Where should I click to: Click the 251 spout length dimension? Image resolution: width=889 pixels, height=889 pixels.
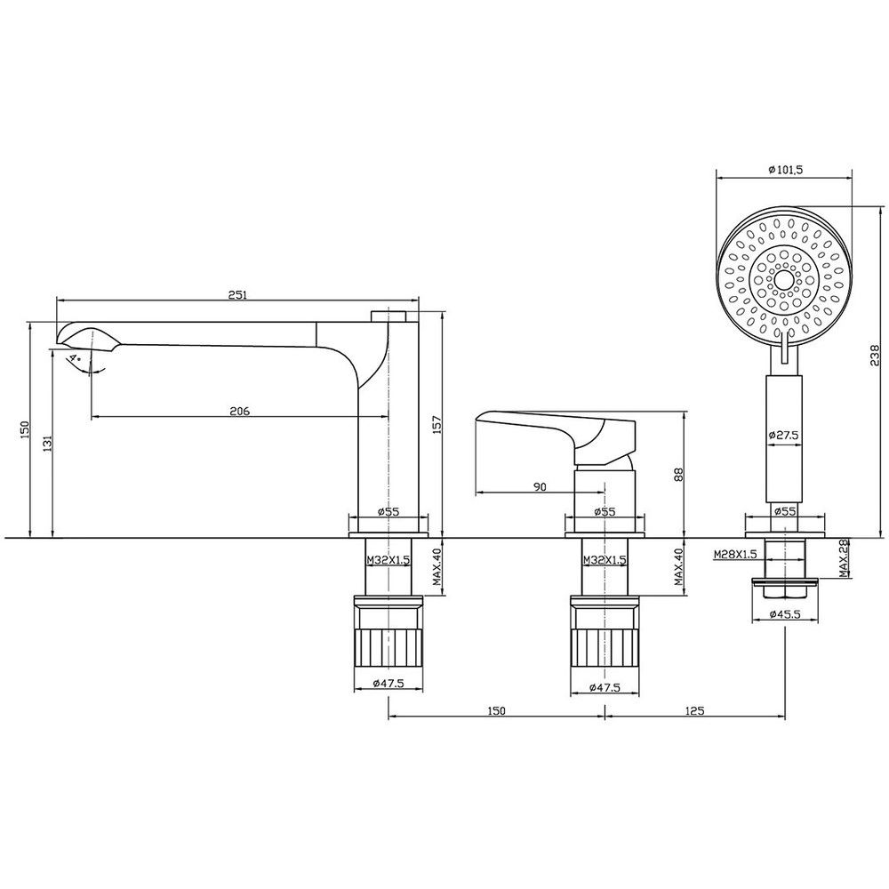coord(238,295)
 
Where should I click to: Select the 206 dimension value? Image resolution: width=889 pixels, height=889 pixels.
coord(239,411)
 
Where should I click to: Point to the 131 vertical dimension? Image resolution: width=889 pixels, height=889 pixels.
coord(48,444)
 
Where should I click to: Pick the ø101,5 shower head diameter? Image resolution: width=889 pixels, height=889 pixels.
coord(786,169)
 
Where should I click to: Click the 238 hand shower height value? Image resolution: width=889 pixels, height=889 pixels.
coord(876,356)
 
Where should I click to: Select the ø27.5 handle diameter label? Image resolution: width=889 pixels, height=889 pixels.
coord(783,436)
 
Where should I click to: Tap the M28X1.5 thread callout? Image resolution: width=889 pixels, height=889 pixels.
coord(735,554)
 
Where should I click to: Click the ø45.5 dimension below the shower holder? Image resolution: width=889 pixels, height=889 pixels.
coord(785,614)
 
